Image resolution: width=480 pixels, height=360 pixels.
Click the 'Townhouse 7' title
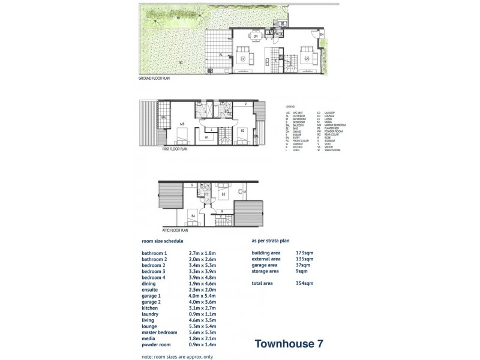point(289,344)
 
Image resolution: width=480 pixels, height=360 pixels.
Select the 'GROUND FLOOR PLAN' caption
point(154,78)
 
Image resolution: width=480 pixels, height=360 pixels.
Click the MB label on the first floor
point(182,125)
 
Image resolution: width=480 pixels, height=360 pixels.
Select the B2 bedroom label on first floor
point(242,130)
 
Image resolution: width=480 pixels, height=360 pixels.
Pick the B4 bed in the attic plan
point(193,215)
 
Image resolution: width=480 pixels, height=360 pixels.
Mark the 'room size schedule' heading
point(162,241)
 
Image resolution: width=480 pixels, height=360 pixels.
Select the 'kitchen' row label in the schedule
point(150,308)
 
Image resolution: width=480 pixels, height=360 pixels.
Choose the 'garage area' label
point(265,265)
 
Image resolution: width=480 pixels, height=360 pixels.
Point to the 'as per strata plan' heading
point(271,240)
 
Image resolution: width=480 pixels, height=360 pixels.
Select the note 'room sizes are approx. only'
point(177,356)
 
